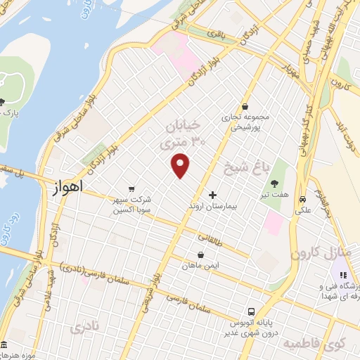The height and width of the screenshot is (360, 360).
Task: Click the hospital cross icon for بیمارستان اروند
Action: [x=213, y=194]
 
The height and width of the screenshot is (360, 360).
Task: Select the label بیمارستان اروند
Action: [x=214, y=207]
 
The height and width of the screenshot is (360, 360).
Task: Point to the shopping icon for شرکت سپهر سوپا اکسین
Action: [x=131, y=188]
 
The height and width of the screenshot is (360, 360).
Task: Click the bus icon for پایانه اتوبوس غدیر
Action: [x=250, y=311]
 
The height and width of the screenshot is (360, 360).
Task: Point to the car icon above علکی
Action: [x=301, y=198]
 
